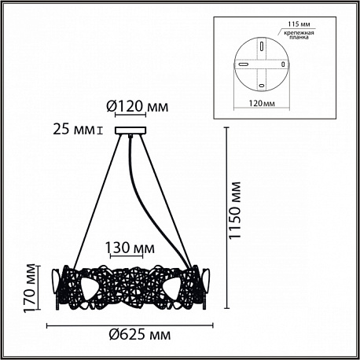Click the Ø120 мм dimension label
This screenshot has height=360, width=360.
[x=138, y=107]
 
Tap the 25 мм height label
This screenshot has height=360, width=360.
[x=74, y=130]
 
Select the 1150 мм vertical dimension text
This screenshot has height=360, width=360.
[x=234, y=210]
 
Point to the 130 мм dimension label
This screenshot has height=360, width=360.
[x=130, y=248]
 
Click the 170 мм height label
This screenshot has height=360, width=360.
[x=29, y=288]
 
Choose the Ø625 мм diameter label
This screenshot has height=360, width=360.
[x=140, y=335]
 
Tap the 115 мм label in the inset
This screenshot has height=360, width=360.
[x=299, y=24]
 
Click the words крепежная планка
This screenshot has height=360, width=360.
[x=299, y=35]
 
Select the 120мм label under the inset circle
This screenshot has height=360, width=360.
[x=262, y=103]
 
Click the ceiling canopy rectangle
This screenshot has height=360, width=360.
[x=130, y=130]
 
